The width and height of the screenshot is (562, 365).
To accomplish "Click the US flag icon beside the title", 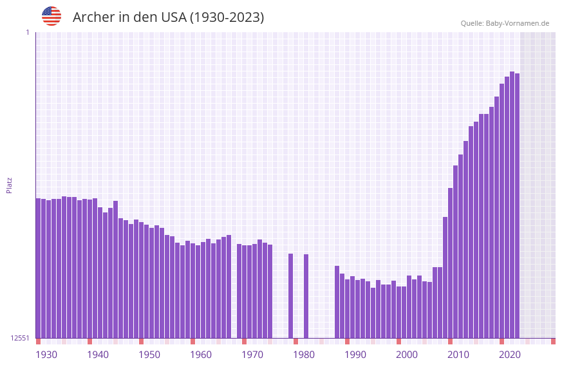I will (x=52, y=16).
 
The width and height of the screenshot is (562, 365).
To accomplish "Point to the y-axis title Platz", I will (x=9, y=185).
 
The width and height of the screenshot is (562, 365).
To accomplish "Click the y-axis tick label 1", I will (x=27, y=32).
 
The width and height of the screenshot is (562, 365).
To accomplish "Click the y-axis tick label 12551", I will (x=20, y=338).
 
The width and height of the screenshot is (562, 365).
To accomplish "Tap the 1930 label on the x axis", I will (x=46, y=355).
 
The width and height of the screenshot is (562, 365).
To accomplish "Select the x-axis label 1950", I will (x=149, y=355).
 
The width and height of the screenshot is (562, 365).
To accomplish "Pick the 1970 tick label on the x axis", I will (x=252, y=355).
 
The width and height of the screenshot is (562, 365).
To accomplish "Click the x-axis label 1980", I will (x=304, y=355).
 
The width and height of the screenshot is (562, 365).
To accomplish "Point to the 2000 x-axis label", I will (x=407, y=355).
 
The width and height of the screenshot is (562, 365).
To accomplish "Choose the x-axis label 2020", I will (x=510, y=355).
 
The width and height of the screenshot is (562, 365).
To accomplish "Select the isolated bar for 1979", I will (x=290, y=295).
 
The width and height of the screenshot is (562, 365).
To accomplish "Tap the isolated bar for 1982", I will (x=306, y=296).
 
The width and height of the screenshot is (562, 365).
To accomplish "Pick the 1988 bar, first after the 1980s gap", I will (x=337, y=302).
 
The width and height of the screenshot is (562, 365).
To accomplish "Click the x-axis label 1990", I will (x=355, y=355).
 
